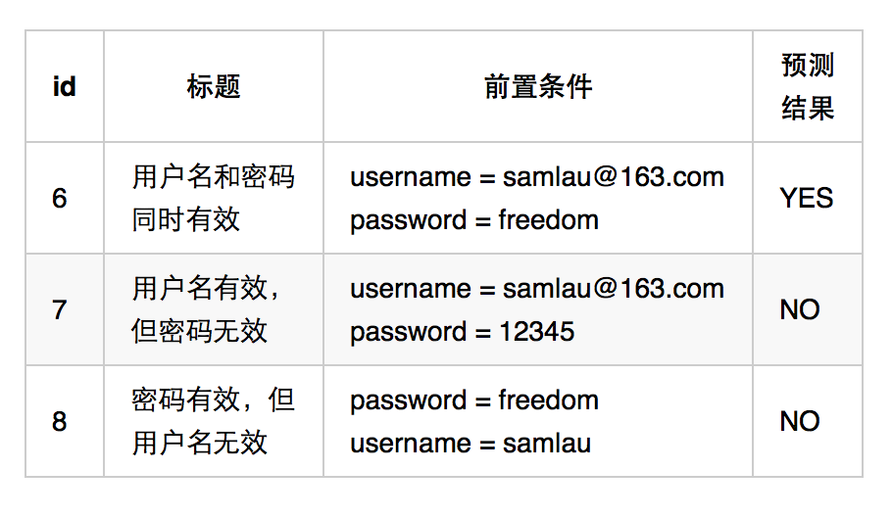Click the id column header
tap(64, 86)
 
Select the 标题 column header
tap(214, 86)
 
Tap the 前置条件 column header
tap(538, 86)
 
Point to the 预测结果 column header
tap(807, 86)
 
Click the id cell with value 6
tap(60, 198)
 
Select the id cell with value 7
tap(60, 309)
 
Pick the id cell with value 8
tap(60, 421)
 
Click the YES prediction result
tap(806, 198)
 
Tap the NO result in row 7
tap(800, 309)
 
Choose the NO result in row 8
tap(800, 421)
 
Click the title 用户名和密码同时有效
tap(213, 198)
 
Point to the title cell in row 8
tap(213, 421)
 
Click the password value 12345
tap(536, 332)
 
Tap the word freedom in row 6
tap(548, 220)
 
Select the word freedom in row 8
tap(548, 400)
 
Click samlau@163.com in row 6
tap(614, 177)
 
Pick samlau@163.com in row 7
tap(614, 289)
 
